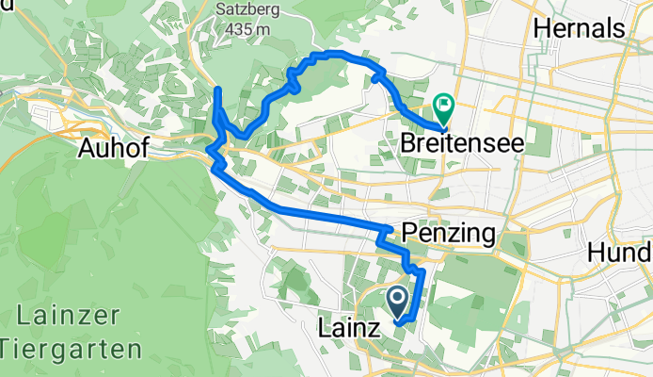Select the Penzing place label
tap(448, 232)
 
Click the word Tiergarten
tap(72, 349)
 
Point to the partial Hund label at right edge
tap(620, 253)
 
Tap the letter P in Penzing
tap(408, 232)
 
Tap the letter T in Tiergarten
tap(8, 349)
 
